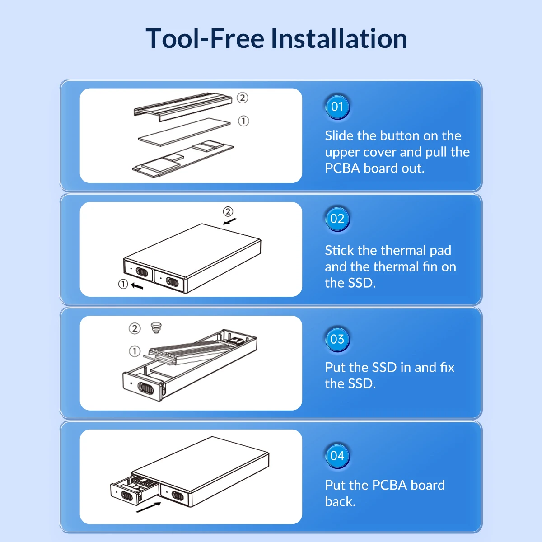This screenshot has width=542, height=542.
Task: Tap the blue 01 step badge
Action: click(x=337, y=107)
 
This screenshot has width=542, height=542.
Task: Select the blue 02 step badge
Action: click(x=337, y=219)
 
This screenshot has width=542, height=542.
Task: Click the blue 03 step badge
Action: click(x=337, y=340)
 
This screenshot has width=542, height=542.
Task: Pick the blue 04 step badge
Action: click(x=337, y=456)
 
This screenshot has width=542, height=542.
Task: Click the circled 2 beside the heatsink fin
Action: click(x=242, y=98)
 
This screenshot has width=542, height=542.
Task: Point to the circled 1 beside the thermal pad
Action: click(x=243, y=121)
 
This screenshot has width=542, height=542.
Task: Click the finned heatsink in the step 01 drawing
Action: click(x=183, y=106)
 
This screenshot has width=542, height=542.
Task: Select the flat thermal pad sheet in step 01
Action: click(x=184, y=132)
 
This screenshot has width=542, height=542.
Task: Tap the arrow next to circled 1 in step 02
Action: click(x=137, y=286)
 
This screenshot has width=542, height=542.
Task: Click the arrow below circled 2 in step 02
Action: click(x=230, y=221)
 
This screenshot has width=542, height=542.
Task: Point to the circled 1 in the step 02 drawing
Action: click(x=123, y=284)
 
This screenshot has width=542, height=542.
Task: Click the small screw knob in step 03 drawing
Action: click(x=156, y=328)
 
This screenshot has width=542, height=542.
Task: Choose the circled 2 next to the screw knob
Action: click(x=135, y=328)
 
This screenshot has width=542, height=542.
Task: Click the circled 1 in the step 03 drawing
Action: click(x=135, y=351)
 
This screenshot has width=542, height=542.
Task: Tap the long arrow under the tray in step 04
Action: click(x=149, y=507)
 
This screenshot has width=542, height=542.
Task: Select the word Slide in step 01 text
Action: click(x=339, y=135)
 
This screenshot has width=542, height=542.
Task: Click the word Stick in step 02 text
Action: click(x=339, y=250)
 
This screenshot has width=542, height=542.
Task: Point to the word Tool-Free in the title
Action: click(x=205, y=38)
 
